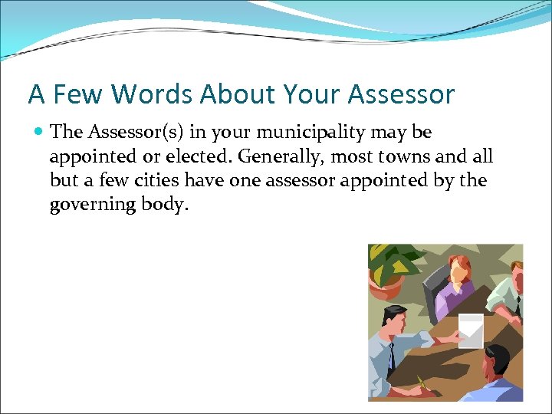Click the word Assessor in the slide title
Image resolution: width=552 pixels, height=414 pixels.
click(401, 94)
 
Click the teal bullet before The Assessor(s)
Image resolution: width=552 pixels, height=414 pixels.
click(38, 133)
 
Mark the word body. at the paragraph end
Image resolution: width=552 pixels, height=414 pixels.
click(164, 206)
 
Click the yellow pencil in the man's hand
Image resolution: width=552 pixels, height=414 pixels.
click(421, 382)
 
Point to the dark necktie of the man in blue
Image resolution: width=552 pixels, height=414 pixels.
click(391, 356)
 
